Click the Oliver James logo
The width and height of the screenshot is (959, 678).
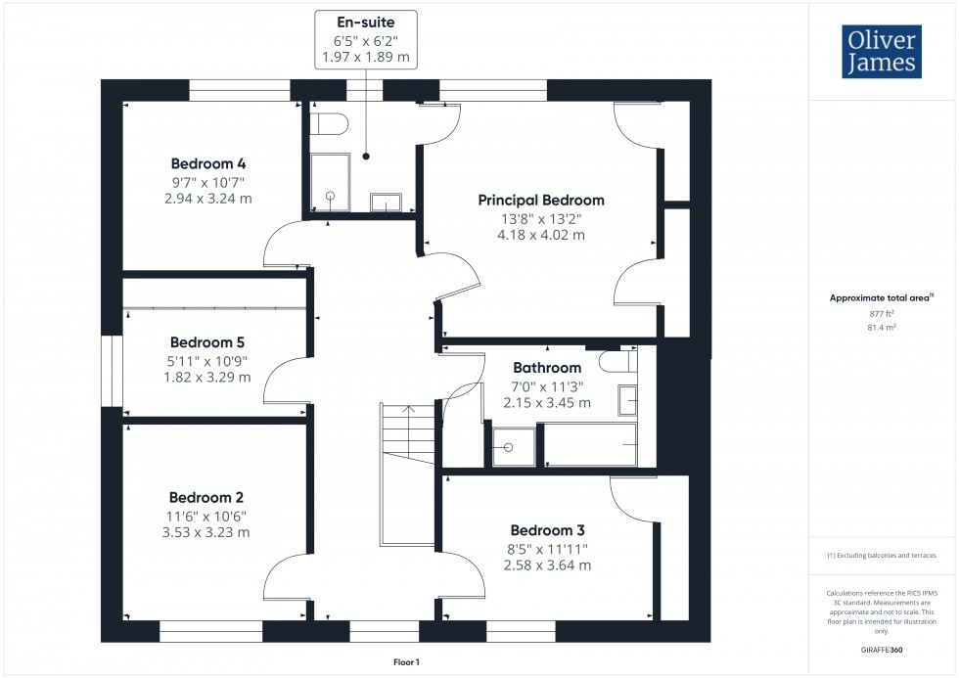click(883, 52)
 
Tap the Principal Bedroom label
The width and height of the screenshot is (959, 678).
click(540, 200)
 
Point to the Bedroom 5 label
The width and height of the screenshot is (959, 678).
click(206, 342)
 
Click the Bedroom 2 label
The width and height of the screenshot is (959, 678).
click(206, 497)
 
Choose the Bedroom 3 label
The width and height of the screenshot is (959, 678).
click(547, 529)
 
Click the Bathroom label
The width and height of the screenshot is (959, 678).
click(547, 368)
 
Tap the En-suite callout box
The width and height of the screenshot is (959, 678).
click(366, 39)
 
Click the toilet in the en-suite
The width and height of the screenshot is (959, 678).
click(328, 124)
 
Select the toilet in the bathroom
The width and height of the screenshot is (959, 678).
click(617, 361)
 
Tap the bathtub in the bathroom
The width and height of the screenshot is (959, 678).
click(589, 445)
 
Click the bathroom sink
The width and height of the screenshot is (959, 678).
click(627, 398)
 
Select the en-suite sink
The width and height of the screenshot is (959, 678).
click(386, 203)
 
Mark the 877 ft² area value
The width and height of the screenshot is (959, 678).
click(882, 313)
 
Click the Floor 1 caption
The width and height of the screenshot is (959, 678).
click(405, 662)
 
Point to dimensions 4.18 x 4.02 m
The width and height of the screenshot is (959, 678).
click(540, 235)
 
